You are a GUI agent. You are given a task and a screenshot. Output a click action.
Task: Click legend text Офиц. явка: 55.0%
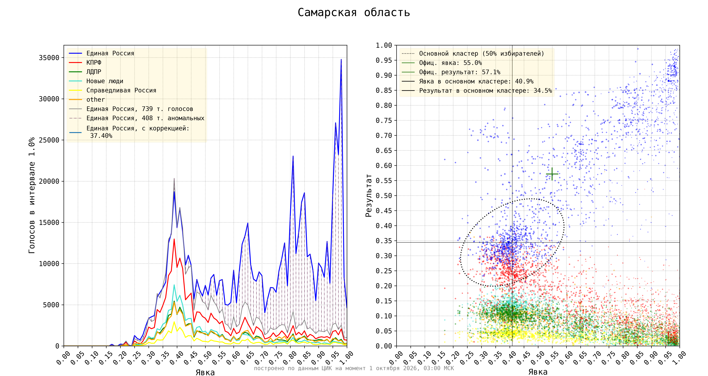tap(450, 63)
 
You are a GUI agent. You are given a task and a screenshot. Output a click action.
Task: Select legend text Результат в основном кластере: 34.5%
tap(485, 91)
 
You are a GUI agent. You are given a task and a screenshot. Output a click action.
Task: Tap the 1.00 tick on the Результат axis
tap(384, 45)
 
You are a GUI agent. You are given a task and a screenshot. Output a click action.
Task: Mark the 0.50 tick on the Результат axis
tap(384, 196)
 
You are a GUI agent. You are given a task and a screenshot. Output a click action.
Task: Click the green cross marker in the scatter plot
tap(552, 174)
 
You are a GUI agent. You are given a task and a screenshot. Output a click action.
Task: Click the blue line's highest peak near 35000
tap(341, 59)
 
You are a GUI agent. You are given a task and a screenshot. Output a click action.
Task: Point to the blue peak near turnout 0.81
tap(293, 156)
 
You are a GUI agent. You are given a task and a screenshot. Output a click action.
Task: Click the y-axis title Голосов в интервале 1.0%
tap(32, 195)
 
